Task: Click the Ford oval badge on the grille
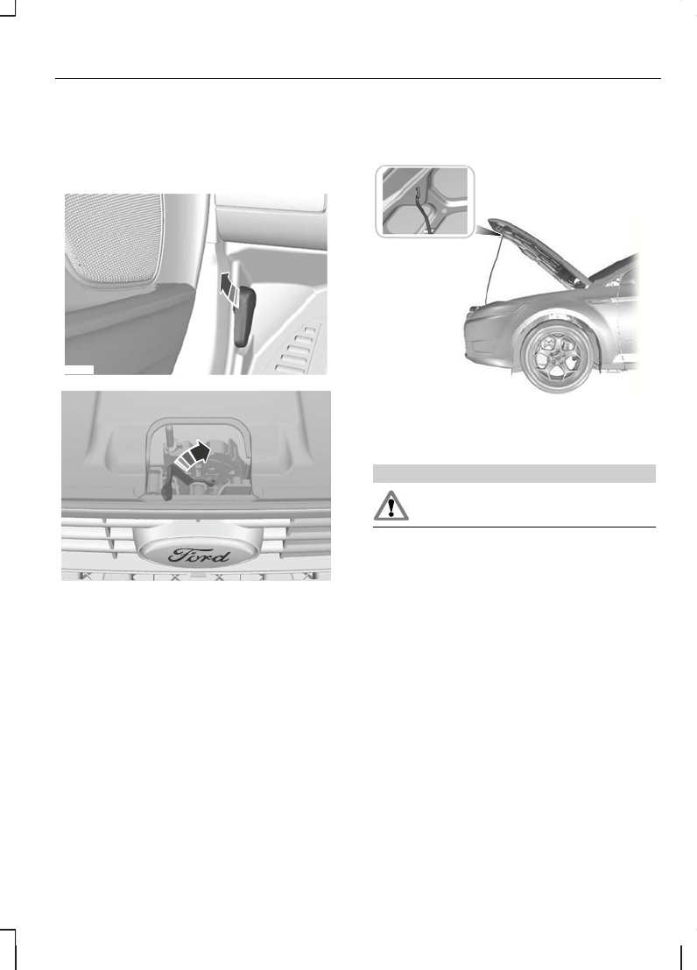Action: click(196, 555)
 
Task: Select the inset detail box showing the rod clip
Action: click(425, 201)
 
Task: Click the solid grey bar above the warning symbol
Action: click(515, 473)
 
